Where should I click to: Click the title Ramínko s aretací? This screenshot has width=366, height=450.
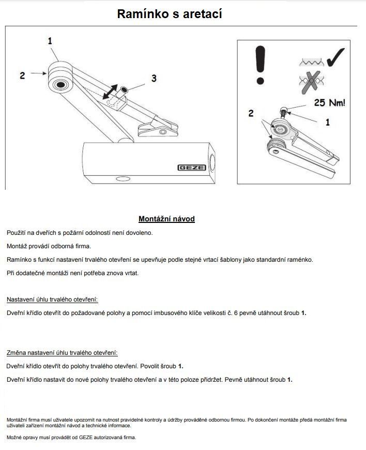170,14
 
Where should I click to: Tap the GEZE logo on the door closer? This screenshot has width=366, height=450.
192,168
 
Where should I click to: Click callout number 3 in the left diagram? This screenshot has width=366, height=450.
154,78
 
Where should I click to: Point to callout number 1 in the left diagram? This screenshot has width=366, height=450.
50,41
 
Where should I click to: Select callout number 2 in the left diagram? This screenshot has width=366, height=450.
22,76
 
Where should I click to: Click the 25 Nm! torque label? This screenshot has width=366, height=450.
329,103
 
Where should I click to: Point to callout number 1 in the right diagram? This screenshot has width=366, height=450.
327,123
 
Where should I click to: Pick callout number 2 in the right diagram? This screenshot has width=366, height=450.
251,113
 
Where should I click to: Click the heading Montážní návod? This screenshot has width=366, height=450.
166,219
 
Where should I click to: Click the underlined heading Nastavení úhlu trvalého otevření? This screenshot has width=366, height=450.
52,299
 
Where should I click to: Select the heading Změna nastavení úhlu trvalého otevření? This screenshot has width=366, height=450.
62,353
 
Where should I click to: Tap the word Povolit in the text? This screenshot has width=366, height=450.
152,366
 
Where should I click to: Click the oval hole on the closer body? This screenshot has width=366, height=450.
124,179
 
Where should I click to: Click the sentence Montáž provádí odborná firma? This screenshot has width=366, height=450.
49,246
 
